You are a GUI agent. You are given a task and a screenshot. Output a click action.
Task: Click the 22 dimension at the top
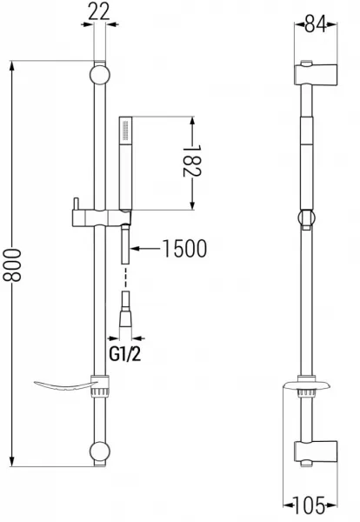[99, 12]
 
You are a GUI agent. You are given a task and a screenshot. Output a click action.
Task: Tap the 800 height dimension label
[12, 264]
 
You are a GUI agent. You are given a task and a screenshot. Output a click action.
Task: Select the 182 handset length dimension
[192, 161]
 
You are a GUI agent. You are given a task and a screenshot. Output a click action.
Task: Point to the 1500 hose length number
[184, 248]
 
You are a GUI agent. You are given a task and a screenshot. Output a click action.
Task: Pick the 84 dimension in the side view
[316, 24]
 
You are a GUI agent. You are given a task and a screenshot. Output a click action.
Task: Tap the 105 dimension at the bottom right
[310, 505]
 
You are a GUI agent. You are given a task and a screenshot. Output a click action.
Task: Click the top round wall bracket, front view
[100, 75]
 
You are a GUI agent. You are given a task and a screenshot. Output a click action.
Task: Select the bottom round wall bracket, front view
[100, 452]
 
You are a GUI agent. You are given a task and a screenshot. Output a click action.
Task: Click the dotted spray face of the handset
[125, 130]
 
